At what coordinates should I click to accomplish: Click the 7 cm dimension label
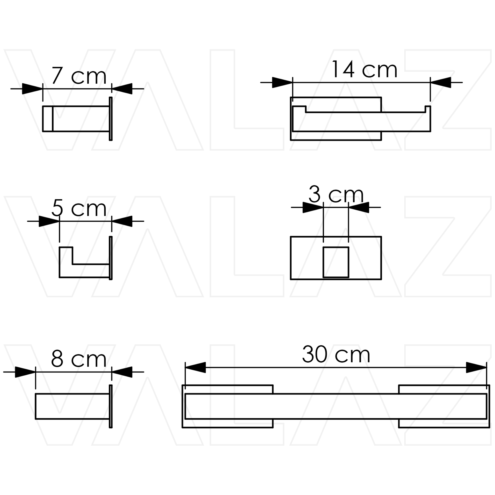[x=79, y=76]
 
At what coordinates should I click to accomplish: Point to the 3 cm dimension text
[x=336, y=194]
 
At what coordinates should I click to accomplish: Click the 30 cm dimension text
[x=336, y=354]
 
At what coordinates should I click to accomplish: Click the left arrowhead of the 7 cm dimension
[x=33, y=89]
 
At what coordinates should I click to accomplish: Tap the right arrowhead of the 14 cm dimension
[x=440, y=82]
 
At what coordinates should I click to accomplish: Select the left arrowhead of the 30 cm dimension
[x=195, y=367]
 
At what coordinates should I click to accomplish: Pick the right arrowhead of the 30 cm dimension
[x=476, y=367]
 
